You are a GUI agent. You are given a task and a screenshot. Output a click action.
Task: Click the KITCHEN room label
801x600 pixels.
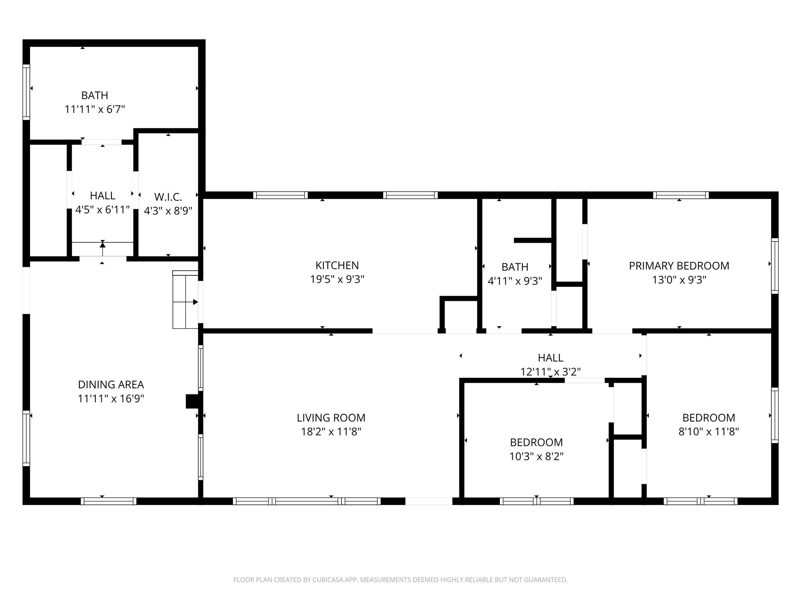(x=337, y=265)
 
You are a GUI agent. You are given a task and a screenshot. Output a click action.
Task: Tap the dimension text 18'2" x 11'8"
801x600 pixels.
(x=331, y=432)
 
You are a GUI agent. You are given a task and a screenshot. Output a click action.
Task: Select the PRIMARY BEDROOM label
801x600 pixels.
(x=679, y=266)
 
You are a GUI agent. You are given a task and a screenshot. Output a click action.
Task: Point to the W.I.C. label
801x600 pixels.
(x=168, y=197)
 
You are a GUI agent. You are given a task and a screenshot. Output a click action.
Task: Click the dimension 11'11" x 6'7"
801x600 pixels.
(x=95, y=109)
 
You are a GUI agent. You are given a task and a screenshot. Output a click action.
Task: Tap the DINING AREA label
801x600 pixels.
(x=111, y=384)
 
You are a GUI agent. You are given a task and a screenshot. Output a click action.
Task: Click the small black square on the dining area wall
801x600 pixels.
(x=192, y=401)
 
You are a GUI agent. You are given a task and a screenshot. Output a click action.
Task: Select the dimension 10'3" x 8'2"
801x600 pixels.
(x=536, y=456)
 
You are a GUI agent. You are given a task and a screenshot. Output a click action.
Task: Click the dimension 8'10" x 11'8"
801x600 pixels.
(x=708, y=432)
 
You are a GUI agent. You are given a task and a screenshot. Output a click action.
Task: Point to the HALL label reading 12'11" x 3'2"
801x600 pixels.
(x=550, y=358)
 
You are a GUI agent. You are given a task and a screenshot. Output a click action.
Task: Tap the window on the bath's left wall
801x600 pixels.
(x=26, y=92)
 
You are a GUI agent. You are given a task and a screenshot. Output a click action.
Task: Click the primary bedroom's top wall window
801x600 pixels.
(x=681, y=195)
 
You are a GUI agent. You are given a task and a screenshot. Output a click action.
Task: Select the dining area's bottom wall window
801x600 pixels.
(x=108, y=501)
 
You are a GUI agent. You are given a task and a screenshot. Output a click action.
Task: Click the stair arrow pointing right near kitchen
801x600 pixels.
(x=195, y=302)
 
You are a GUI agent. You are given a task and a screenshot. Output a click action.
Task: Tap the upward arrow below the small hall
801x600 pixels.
(x=102, y=245)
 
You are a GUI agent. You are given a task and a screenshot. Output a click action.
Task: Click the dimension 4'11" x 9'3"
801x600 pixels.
(x=515, y=281)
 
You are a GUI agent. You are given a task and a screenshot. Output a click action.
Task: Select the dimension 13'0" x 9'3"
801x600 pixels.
(x=679, y=280)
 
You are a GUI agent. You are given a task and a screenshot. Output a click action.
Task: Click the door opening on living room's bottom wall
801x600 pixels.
(x=429, y=501)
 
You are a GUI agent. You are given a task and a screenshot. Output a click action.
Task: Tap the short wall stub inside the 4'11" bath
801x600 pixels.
(x=533, y=240)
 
